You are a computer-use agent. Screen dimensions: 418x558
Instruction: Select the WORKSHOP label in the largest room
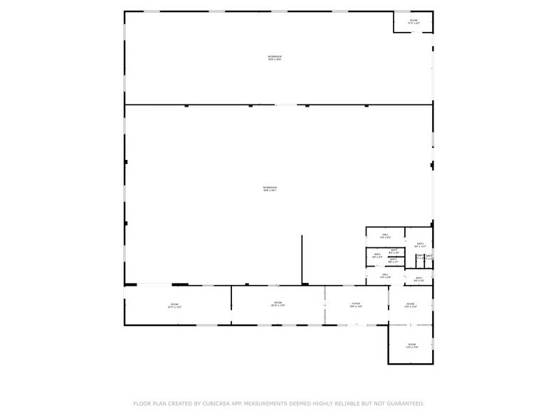pos(270,188)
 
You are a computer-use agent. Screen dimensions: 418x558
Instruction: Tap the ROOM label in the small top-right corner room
pos(414,21)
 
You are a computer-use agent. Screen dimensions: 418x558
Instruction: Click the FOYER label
pos(356,304)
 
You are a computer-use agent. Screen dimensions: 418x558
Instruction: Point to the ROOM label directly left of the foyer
pos(278,304)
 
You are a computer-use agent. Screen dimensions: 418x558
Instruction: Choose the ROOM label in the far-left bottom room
pos(174,305)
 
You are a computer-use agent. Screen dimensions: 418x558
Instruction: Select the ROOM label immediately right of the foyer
pos(411,304)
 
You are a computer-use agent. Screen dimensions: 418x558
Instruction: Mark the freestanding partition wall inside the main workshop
pos(302,259)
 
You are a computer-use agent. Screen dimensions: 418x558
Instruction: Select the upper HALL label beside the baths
pos(385,235)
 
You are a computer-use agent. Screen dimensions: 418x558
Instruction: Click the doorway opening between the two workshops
pos(285,105)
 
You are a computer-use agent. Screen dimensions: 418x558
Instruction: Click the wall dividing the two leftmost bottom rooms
pos(231,305)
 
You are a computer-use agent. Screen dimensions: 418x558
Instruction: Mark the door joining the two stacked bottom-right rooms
pos(411,325)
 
